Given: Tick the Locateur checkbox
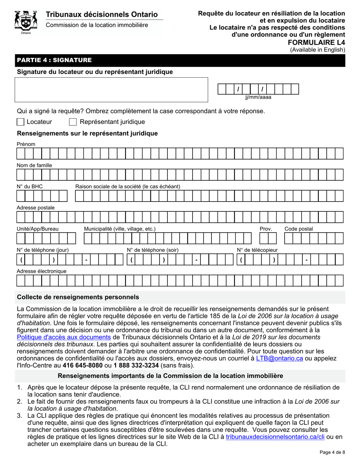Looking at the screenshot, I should [21, 122].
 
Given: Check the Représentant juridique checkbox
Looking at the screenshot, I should [73, 122].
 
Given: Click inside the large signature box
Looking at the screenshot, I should [111, 90].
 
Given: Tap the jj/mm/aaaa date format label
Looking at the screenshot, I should [258, 97].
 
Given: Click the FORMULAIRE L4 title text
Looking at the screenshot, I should [322, 42].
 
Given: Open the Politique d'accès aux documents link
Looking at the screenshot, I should [64, 337].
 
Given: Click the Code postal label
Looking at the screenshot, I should [299, 229].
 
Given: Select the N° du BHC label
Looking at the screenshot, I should [30, 186].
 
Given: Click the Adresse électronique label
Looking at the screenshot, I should [42, 271].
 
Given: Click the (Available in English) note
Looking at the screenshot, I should [318, 50].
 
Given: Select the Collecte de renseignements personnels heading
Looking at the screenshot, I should [78, 297].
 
